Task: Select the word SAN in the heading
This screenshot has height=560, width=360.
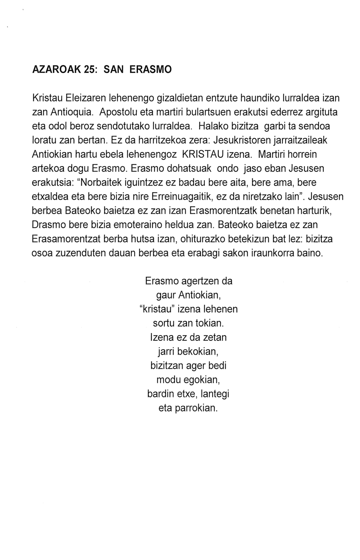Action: (113, 70)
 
